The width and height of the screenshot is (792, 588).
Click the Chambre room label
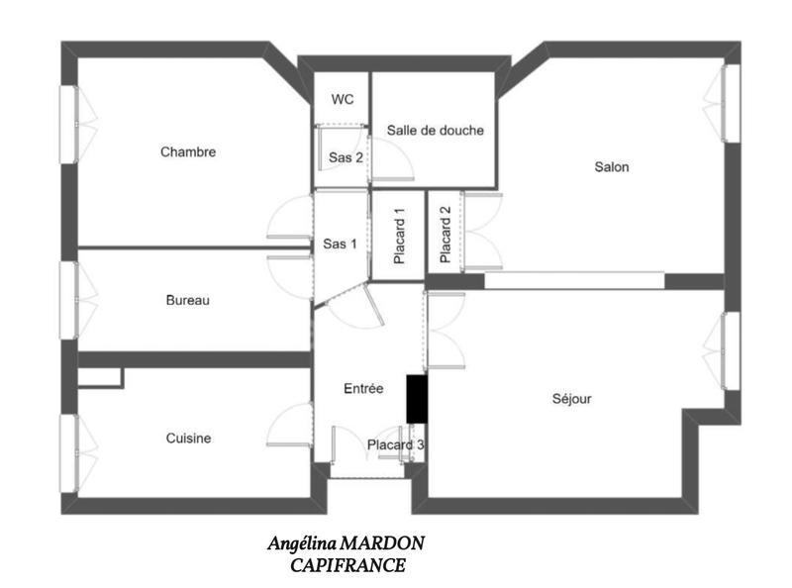[188, 151]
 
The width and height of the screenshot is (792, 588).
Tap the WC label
[343, 99]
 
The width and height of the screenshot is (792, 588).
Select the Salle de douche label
[436, 130]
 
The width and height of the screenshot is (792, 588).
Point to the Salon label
[611, 166]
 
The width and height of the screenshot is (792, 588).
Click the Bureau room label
[187, 300]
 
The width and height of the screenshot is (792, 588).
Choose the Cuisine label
[188, 438]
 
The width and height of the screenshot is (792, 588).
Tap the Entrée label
[363, 389]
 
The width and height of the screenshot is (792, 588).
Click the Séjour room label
[571, 399]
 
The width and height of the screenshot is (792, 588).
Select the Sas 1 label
[340, 244]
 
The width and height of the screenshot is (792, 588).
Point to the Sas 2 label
[346, 156]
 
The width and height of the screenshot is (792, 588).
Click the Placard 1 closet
[398, 236]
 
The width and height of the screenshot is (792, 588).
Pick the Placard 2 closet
[445, 234]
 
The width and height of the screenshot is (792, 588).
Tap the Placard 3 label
[396, 445]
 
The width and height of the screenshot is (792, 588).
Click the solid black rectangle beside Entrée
[416, 400]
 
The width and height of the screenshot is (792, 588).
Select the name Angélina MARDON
[347, 543]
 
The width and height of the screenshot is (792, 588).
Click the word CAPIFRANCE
[347, 565]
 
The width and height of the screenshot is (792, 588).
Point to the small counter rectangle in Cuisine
[100, 377]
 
